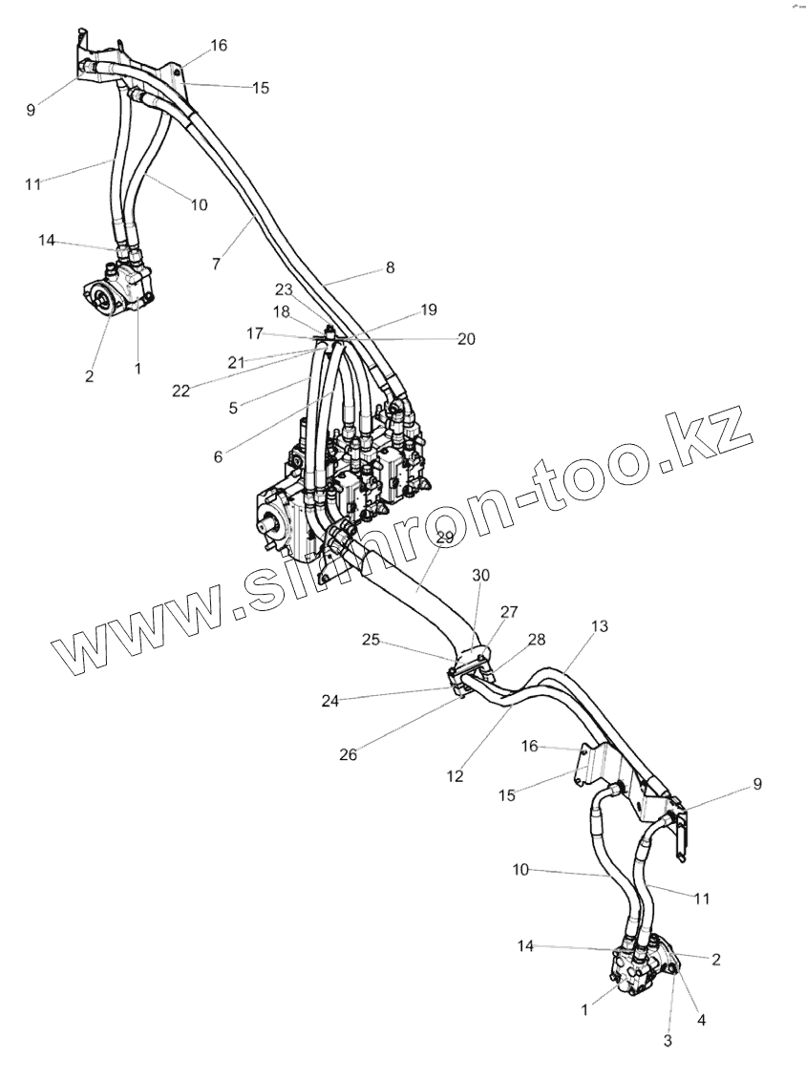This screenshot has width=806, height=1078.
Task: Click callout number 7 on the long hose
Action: pyautogui.click(x=216, y=261)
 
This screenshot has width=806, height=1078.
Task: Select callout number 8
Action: pyautogui.click(x=390, y=268)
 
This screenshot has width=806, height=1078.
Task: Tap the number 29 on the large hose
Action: pyautogui.click(x=445, y=538)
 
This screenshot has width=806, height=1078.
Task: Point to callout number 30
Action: pyautogui.click(x=480, y=575)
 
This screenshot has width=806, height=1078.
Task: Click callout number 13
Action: pyautogui.click(x=599, y=626)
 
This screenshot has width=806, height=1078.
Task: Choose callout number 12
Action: pyautogui.click(x=455, y=776)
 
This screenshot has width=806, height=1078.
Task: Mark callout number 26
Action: pyautogui.click(x=349, y=754)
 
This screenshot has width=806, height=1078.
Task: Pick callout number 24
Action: pyautogui.click(x=329, y=700)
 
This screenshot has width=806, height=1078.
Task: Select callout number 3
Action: pyautogui.click(x=668, y=1041)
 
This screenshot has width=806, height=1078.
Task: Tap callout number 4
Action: pyautogui.click(x=701, y=1019)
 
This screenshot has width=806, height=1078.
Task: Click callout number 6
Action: pyautogui.click(x=218, y=456)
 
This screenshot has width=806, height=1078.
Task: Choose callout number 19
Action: pyautogui.click(x=428, y=310)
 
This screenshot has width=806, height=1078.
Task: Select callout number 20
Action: pyautogui.click(x=466, y=338)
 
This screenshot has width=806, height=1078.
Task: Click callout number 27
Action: pyautogui.click(x=509, y=612)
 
